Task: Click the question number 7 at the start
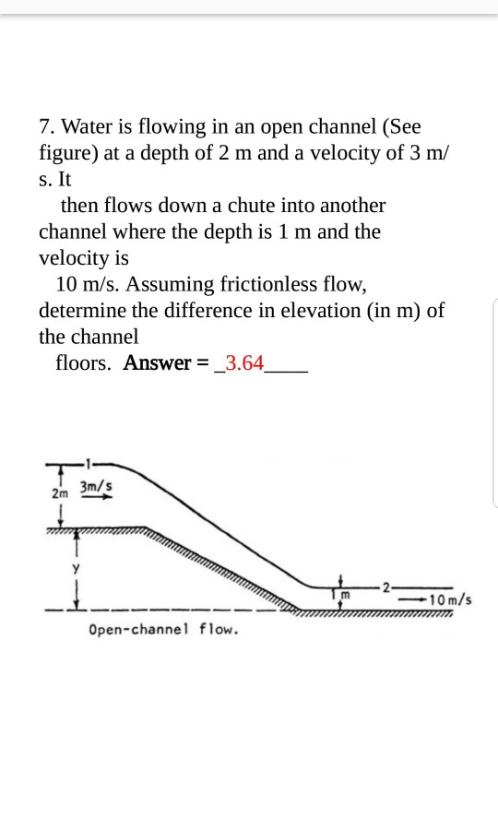pos(46,126)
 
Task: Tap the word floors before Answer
pos(83,363)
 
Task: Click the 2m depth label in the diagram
pos(60,493)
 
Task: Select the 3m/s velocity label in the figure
pos(97,485)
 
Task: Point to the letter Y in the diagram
pos(66,568)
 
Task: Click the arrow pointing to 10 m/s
pos(411,599)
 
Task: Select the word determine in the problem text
pos(81,311)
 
